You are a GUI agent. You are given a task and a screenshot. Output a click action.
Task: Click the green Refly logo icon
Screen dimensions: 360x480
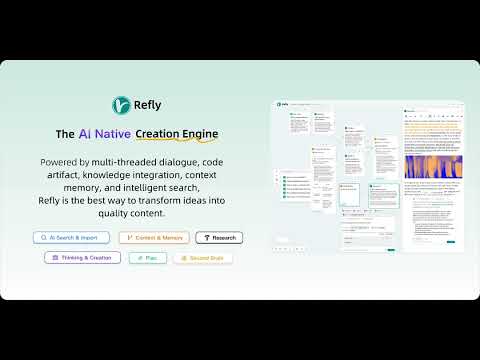point(120,104)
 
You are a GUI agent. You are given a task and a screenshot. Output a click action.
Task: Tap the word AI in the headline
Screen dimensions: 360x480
point(86,133)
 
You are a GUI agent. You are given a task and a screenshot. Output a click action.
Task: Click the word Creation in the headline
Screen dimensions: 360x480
point(167,133)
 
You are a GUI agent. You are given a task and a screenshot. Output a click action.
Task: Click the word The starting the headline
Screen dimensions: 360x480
point(64,133)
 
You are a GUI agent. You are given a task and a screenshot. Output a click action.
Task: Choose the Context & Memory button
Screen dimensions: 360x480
point(153,238)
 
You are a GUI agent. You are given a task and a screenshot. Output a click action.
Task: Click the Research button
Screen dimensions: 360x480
point(219,238)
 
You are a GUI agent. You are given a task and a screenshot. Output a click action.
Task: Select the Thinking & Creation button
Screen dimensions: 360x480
point(82,257)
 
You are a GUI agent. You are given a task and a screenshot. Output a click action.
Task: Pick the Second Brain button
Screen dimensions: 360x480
point(203,257)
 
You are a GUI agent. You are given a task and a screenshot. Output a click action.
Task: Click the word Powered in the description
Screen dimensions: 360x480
point(62,162)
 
